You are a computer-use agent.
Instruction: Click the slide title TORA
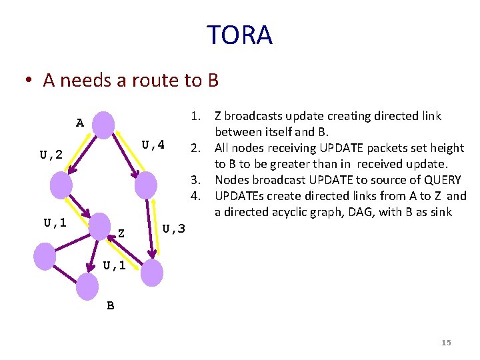[239, 35]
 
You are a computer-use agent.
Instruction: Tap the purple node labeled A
[103, 125]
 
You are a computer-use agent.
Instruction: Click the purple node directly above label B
[87, 286]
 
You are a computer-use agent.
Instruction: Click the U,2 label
[51, 155]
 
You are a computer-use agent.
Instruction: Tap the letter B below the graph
[111, 306]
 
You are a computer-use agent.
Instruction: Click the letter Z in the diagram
[121, 233]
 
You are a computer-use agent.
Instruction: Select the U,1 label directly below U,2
[55, 223]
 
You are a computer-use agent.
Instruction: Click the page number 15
[446, 343]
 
